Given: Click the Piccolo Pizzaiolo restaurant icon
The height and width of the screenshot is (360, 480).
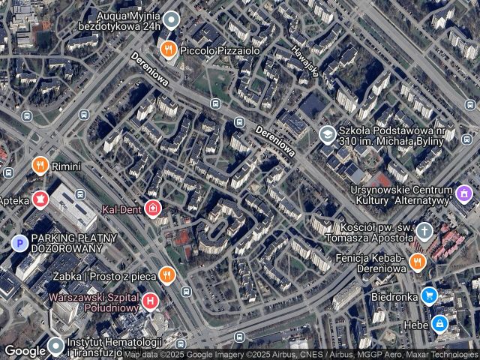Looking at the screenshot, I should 168,50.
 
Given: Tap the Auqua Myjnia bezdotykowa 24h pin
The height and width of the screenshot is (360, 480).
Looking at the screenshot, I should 171,19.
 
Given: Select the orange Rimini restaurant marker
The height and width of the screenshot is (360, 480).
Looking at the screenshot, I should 39,165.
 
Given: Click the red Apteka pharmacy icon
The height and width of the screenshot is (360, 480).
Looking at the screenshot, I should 40,199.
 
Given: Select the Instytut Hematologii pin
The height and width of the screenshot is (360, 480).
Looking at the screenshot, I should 56,346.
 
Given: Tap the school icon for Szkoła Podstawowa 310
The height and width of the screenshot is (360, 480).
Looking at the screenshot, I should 326,135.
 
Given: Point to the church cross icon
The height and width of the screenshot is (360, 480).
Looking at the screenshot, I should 425,231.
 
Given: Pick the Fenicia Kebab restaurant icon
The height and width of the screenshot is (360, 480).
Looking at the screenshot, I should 418,262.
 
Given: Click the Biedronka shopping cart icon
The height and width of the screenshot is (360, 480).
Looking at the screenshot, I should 428,295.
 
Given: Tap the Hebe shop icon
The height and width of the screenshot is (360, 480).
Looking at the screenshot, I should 440,325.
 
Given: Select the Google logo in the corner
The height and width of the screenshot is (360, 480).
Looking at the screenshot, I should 25,350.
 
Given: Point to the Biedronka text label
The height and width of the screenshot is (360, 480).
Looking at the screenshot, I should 394,296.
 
